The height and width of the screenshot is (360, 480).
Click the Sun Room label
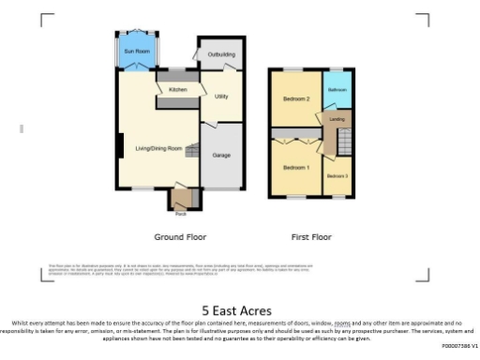(138, 51)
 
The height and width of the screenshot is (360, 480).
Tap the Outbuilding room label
(221, 53)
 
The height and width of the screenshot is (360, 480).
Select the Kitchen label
(178, 89)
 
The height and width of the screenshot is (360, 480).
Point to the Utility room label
(221, 97)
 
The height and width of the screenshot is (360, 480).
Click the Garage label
(221, 155)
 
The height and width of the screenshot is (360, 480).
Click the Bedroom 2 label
(296, 98)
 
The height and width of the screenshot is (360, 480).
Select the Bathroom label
(336, 91)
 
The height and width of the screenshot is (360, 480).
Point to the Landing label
(336, 119)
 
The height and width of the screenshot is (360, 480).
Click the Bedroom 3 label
(337, 176)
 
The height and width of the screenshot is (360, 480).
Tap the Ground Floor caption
(180, 237)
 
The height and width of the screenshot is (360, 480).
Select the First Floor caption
(309, 237)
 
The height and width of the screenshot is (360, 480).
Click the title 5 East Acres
(236, 310)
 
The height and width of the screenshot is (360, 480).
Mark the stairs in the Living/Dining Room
(191, 151)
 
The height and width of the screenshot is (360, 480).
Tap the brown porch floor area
(180, 200)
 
